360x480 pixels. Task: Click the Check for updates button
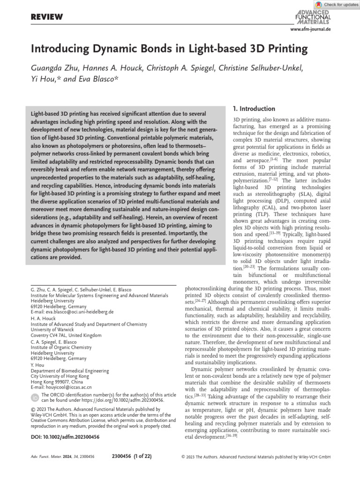click(336, 4)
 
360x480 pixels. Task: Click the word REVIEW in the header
click(46, 17)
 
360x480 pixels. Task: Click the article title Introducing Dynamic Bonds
click(169, 48)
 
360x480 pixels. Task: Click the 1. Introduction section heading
click(254, 108)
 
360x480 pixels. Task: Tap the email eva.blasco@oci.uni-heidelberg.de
click(72, 311)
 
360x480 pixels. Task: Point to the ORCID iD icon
click(35, 397)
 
